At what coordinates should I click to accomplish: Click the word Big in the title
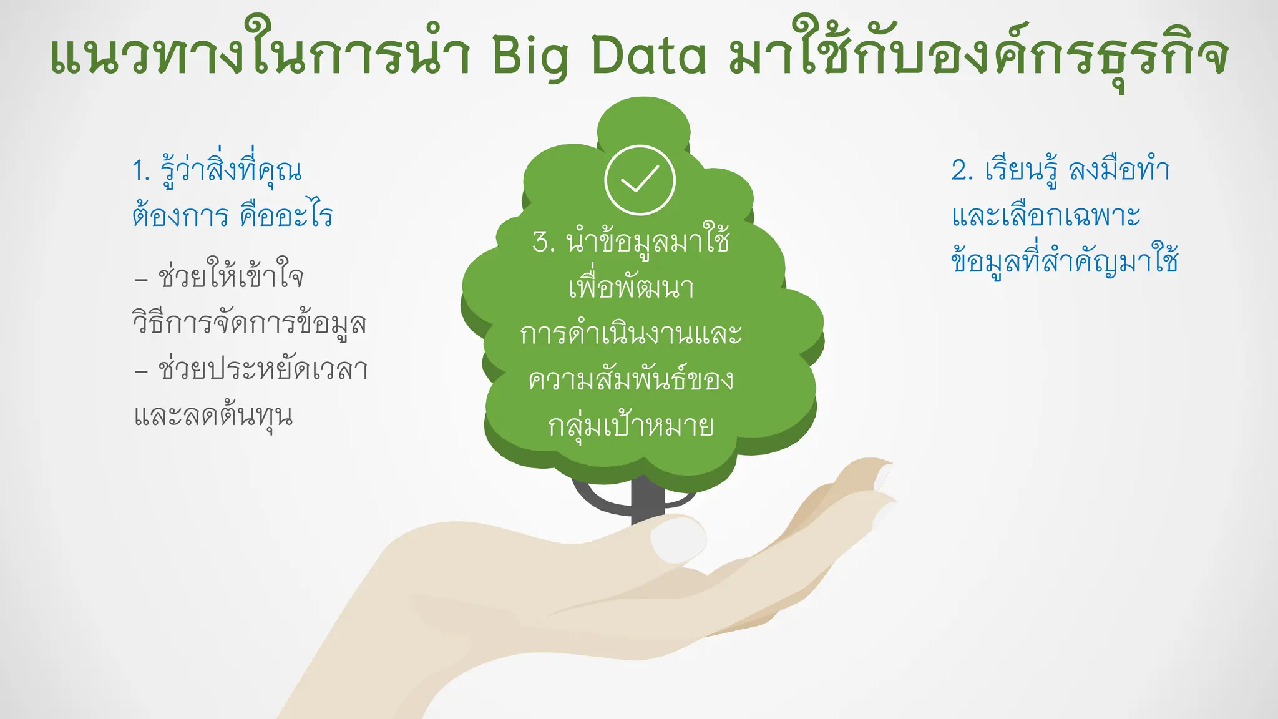530,56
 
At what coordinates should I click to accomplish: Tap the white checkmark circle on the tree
640,180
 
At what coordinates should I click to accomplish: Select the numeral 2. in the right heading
962,170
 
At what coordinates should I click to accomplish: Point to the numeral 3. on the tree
544,242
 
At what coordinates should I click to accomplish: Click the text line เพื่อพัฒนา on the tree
631,288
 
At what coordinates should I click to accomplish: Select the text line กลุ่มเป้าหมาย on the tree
631,426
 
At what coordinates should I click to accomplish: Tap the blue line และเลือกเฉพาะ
1046,216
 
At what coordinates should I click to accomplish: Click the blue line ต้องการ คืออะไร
232,216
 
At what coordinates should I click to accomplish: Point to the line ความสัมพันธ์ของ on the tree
631,379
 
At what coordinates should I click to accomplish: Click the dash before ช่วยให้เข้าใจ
141,278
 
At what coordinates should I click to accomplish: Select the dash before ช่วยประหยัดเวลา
141,371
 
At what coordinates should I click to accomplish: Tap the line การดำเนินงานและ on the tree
631,334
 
